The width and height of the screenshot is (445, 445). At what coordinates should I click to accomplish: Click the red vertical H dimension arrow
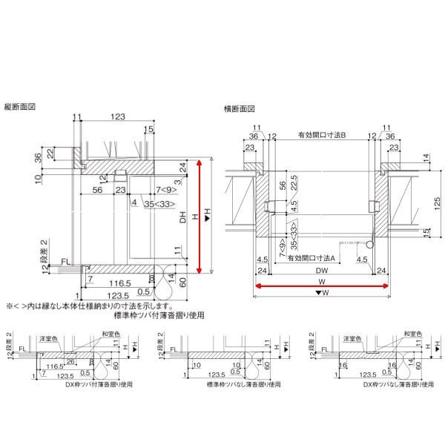click(x=200, y=215)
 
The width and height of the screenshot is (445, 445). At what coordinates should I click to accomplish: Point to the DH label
click(x=182, y=219)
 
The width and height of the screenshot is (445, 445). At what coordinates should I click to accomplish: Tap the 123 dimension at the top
click(x=116, y=117)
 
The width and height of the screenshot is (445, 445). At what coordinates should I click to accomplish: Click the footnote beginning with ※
click(x=90, y=305)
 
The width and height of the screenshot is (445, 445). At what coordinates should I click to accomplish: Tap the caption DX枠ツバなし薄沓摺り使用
click(x=389, y=386)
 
